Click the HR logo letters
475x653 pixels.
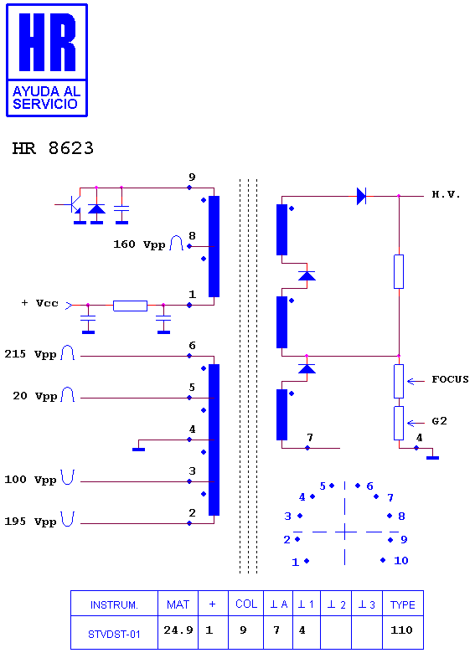47,42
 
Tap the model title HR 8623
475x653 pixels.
53,148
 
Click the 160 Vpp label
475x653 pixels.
139,244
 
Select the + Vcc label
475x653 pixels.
39,303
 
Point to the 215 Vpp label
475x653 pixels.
30,354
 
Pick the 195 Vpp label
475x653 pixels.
30,522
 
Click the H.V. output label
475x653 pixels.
446,194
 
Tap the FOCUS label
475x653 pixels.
450,379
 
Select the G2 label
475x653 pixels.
439,421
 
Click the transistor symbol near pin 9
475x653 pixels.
73,204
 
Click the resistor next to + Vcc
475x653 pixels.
130,306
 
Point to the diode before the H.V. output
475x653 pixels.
361,196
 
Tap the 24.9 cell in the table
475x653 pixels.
178,630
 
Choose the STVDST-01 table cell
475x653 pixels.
114,635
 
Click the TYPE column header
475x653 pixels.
402,604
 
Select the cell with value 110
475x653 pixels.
401,630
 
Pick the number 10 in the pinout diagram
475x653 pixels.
400,561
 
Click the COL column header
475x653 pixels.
246,604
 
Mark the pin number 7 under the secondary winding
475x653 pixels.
310,437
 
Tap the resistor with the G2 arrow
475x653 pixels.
399,423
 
